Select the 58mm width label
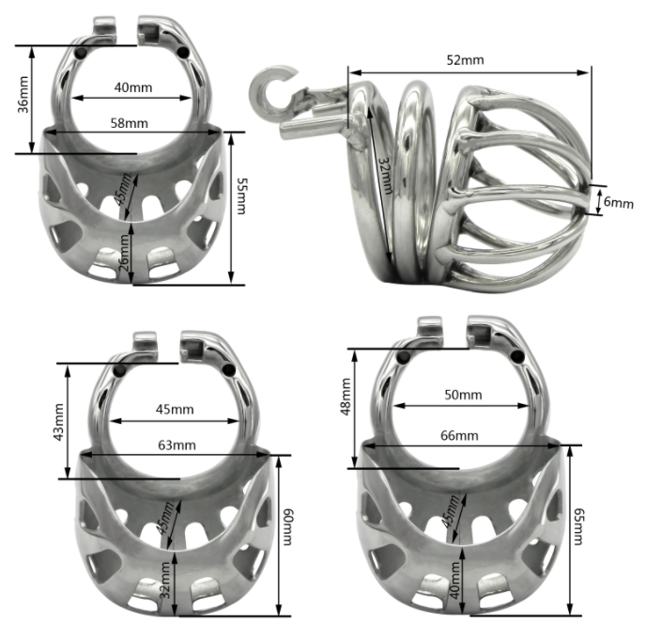pyautogui.click(x=132, y=123)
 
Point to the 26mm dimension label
pyautogui.click(x=125, y=253)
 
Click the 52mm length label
pyautogui.click(x=465, y=60)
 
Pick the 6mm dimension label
pyautogui.click(x=613, y=200)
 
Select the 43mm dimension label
pyautogui.click(x=58, y=421)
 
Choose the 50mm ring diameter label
pyautogui.click(x=459, y=396)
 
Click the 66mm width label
pyautogui.click(x=459, y=435)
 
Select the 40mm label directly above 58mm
pyautogui.click(x=132, y=87)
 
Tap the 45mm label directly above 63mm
pyautogui.click(x=176, y=409)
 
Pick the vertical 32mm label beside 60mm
pyautogui.click(x=165, y=582)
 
